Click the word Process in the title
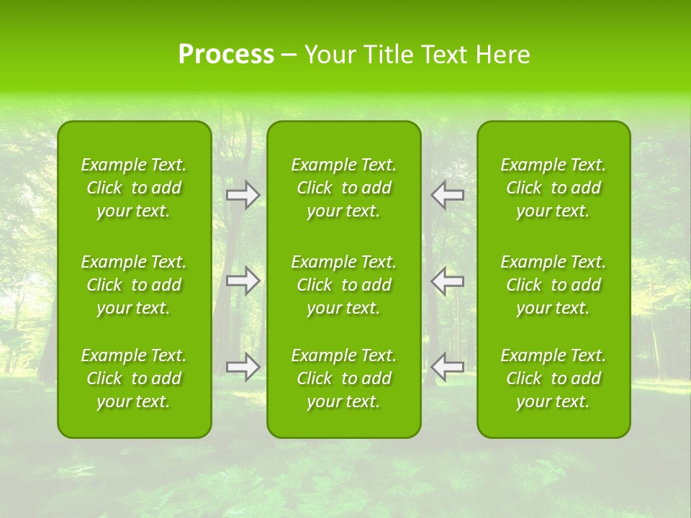click(226, 55)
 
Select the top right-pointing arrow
click(243, 195)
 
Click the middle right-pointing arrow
click(243, 281)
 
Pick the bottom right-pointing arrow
click(243, 367)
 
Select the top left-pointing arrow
click(447, 195)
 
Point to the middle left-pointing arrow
click(447, 281)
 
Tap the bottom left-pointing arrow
click(447, 367)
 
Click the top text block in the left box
click(134, 188)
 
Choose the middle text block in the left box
click(134, 285)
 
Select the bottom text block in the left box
click(134, 378)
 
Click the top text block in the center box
click(344, 188)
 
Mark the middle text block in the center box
click(344, 285)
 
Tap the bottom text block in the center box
click(344, 378)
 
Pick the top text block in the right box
click(554, 188)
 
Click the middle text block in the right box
click(554, 285)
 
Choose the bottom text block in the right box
click(554, 378)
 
